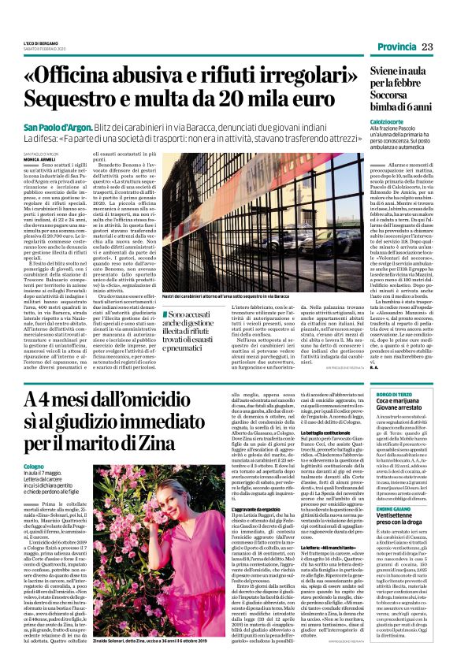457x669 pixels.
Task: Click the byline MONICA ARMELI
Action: pos(39,158)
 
